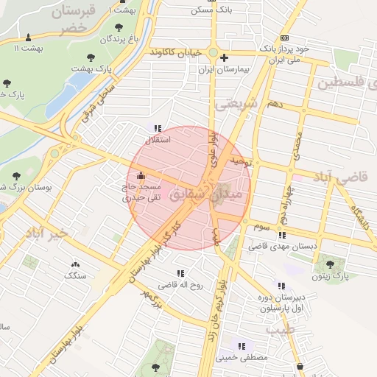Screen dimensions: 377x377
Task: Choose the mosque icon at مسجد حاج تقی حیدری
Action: (141, 177)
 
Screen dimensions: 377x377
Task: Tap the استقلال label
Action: (160, 139)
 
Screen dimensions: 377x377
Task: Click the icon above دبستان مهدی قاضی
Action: (283, 236)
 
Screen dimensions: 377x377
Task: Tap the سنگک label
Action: (74, 275)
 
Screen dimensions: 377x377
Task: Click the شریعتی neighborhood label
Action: (237, 105)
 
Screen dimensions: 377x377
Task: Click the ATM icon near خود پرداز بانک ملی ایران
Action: (284, 38)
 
